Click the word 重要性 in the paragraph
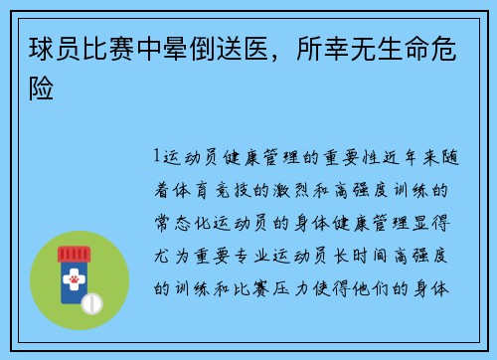pyautogui.click(x=343, y=156)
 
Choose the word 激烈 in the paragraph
pyautogui.click(x=285, y=189)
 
